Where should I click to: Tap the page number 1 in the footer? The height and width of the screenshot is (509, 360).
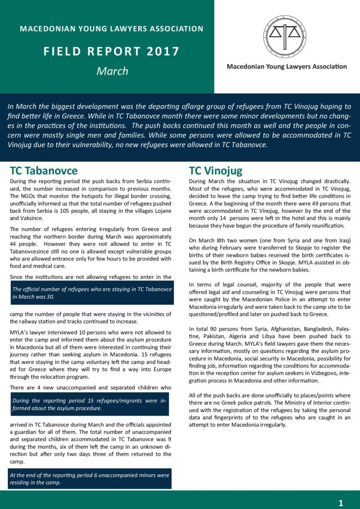tap(341, 503)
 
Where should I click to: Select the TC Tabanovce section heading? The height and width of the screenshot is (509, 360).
tap(44, 170)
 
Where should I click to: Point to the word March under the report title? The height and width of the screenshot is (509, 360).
tap(112, 71)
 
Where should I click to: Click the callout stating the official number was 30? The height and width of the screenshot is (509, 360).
tap(92, 293)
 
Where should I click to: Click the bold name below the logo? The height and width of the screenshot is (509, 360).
tap(287, 67)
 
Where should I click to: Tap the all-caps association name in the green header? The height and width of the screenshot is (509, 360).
tap(111, 29)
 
